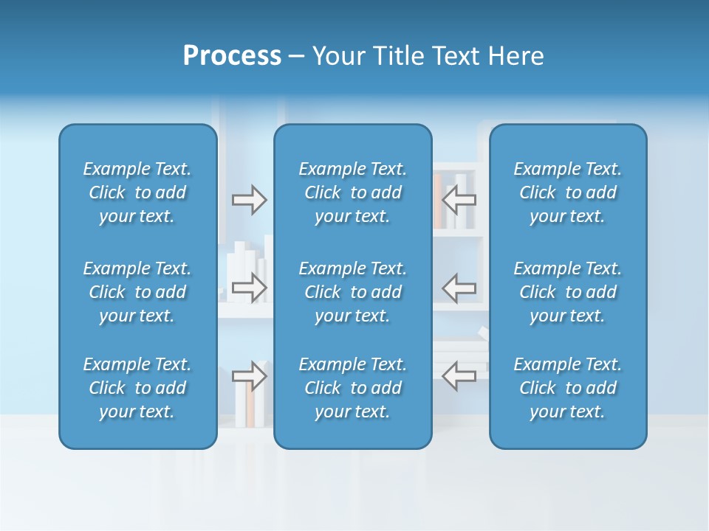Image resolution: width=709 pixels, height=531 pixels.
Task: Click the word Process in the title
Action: (x=232, y=56)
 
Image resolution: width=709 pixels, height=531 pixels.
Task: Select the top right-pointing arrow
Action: (x=250, y=200)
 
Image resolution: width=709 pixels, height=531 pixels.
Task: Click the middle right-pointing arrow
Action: (x=250, y=288)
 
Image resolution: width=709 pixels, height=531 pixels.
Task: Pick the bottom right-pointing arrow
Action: (x=250, y=375)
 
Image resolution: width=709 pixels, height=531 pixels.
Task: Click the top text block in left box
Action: (x=137, y=192)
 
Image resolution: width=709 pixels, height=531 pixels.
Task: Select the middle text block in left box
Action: (x=137, y=292)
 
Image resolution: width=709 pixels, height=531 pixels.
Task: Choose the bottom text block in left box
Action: (x=137, y=388)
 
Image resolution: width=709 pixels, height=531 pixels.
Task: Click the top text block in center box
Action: (x=352, y=192)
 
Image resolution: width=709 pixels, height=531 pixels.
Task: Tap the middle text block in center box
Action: (x=352, y=292)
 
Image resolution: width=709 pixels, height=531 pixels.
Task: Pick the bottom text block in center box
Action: (x=352, y=388)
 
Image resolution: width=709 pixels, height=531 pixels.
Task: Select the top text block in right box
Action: (x=567, y=192)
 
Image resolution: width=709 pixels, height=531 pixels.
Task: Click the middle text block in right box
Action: (x=567, y=292)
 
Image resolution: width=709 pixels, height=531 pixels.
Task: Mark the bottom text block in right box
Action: (x=567, y=388)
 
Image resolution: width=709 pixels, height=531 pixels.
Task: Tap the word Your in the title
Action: (x=337, y=56)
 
